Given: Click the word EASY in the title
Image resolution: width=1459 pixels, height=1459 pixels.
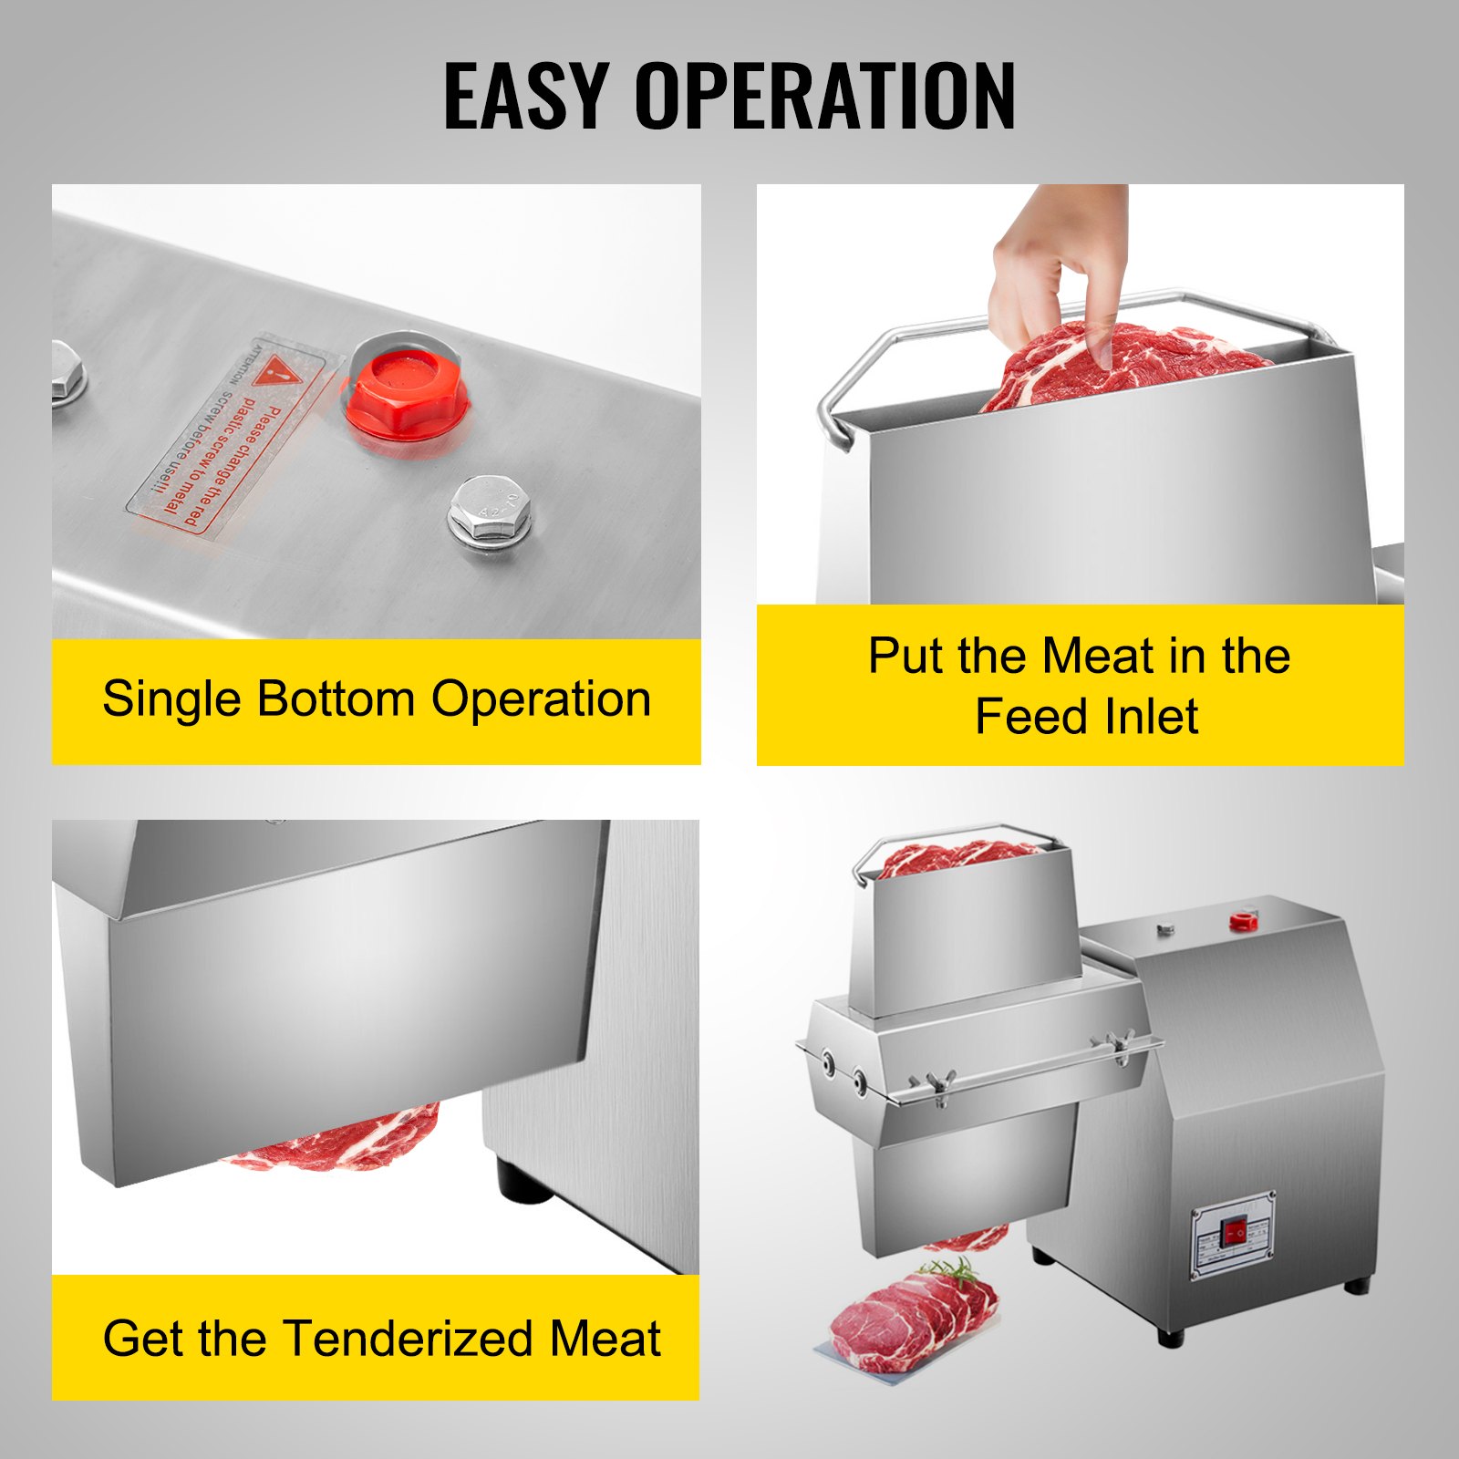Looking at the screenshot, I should [525, 96].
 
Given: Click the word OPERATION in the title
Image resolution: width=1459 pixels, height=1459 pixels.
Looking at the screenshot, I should [824, 96].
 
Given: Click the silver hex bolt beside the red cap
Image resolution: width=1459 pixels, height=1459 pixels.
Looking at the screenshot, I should [490, 520].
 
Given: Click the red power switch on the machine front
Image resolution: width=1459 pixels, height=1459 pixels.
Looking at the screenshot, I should [1236, 1234].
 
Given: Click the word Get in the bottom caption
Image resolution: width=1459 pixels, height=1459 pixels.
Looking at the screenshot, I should [144, 1339].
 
